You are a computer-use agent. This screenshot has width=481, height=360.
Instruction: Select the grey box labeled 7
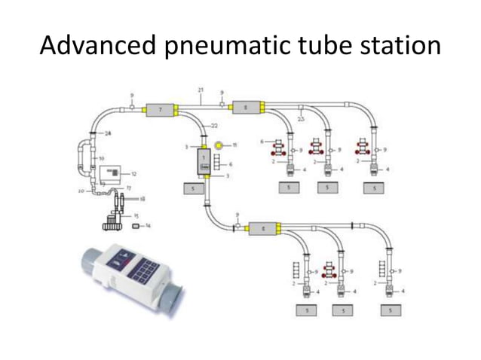coord(159,110)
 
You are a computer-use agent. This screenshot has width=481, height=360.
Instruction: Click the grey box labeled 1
coord(204,160)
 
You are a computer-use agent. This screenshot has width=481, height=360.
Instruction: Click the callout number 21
coord(201,90)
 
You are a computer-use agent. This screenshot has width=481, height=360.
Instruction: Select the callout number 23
coord(301,118)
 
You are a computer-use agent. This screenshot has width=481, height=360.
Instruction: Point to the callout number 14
coord(148,225)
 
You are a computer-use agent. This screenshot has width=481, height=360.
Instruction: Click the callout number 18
coord(142,200)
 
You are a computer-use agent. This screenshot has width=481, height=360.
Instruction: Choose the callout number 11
coord(234,144)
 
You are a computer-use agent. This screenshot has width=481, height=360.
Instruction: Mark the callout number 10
coord(102,159)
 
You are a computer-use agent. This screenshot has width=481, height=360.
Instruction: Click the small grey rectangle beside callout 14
coord(136,225)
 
